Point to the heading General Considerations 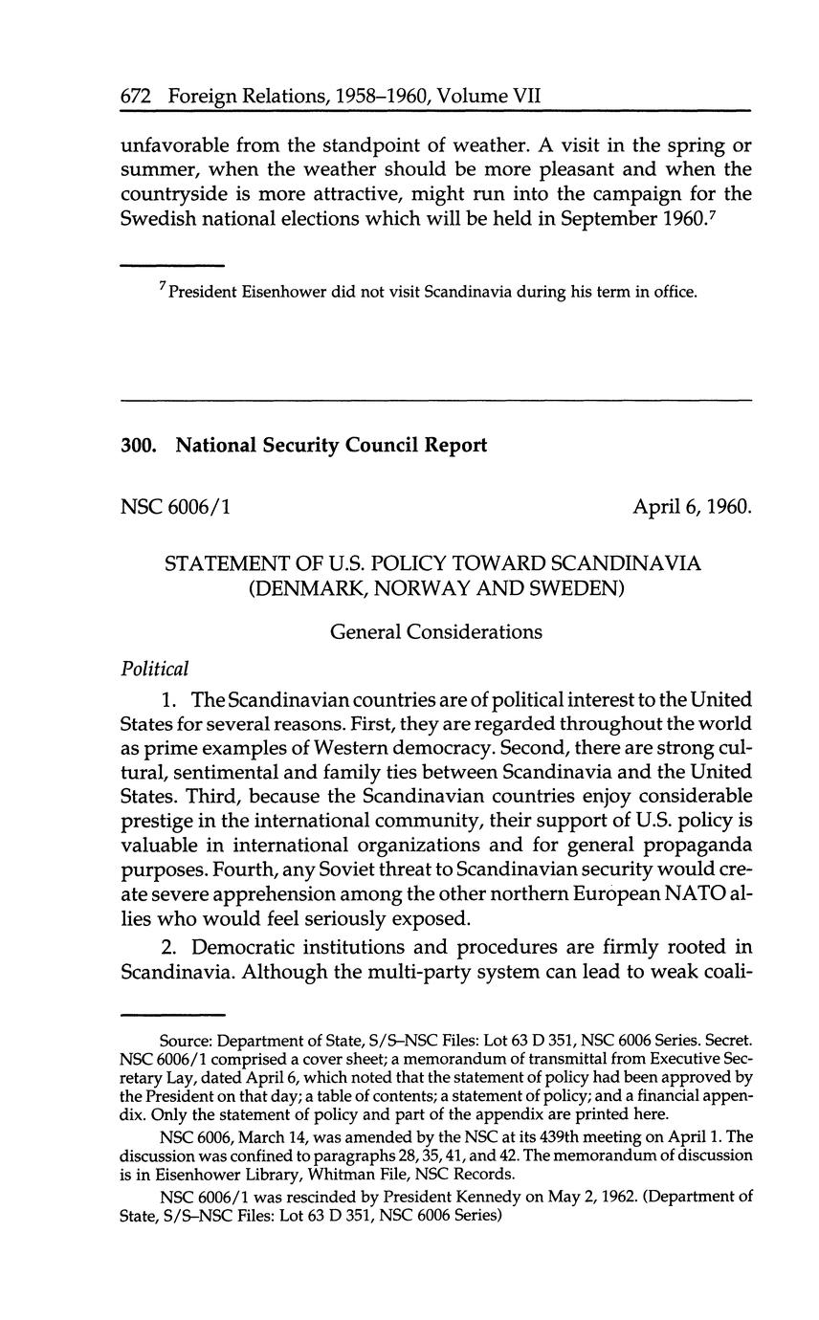click(436, 631)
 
